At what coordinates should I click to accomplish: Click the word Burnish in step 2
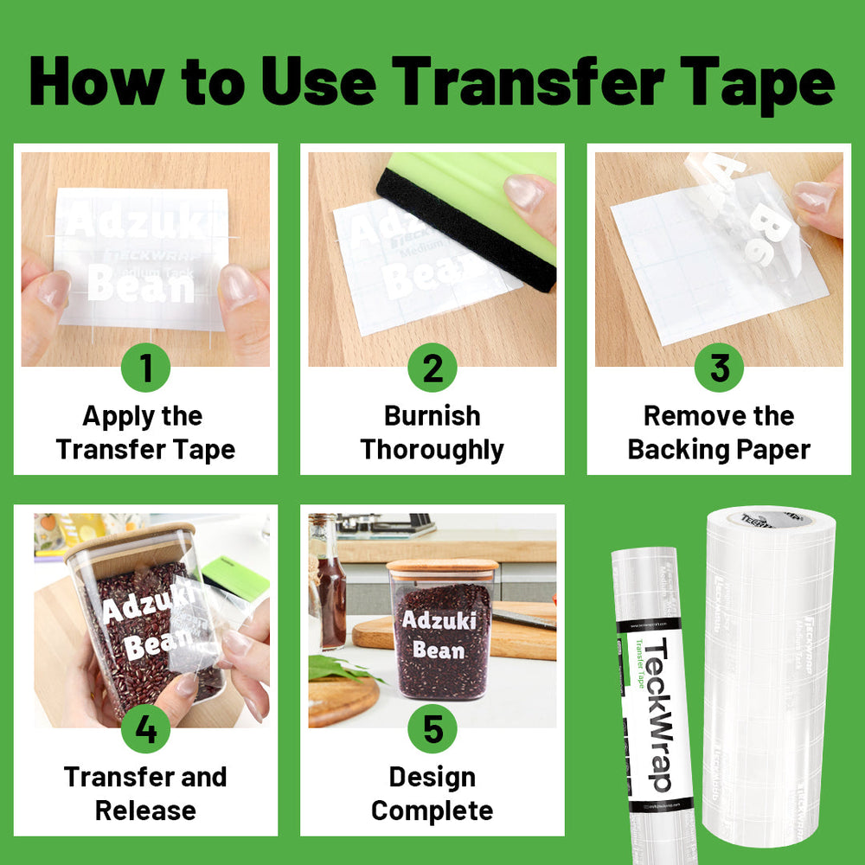[x=432, y=416]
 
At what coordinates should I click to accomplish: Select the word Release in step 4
[x=145, y=811]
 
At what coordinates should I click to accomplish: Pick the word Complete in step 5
[x=432, y=811]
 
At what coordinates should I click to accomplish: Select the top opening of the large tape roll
[x=770, y=518]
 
